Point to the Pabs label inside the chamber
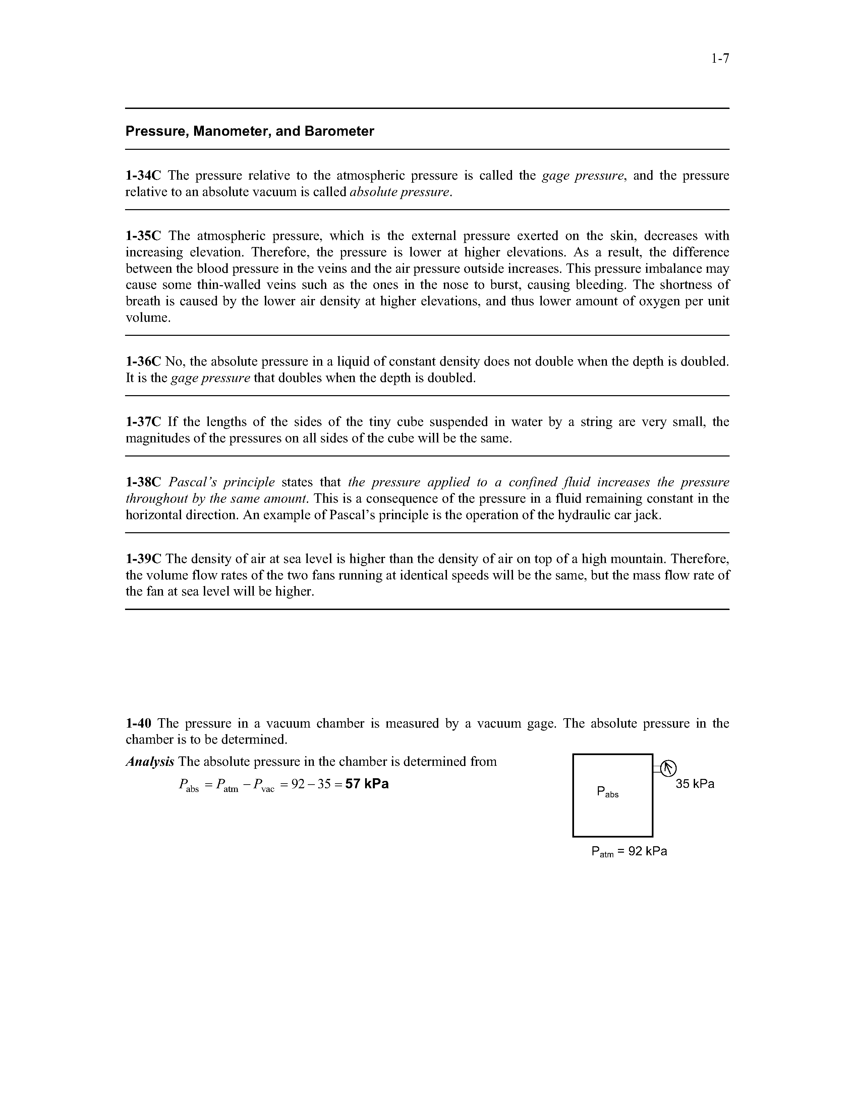[x=607, y=792]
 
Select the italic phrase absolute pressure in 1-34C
[x=400, y=192]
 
